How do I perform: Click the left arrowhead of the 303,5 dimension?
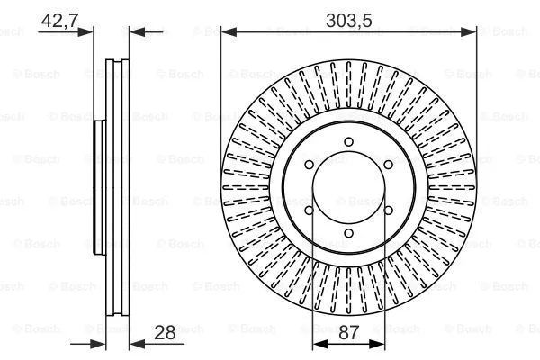click(227, 31)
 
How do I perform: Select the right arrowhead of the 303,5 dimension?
click(471, 31)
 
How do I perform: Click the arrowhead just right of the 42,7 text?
click(88, 31)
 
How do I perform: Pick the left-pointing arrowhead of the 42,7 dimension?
click(135, 31)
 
